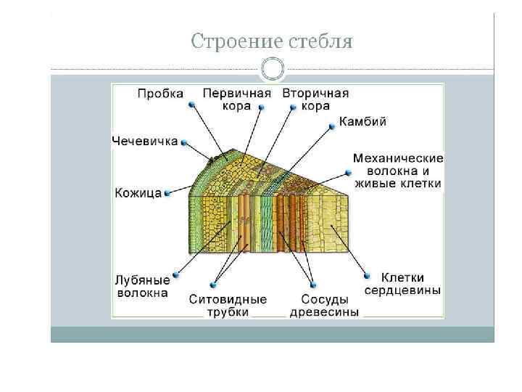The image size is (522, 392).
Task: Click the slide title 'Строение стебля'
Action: point(272,41)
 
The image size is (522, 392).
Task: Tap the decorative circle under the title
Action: point(272,70)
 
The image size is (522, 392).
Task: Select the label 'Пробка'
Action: point(161,94)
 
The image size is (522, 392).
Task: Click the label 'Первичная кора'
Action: point(237,99)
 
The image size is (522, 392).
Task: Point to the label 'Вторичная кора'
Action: point(315,99)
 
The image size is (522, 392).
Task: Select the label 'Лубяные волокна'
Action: point(142,286)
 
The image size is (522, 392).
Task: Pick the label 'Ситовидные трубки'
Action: point(228,306)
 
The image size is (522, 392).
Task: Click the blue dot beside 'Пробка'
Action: point(191,105)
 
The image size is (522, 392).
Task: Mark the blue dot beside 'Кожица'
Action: point(168,193)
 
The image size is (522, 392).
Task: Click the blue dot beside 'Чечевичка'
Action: point(184,142)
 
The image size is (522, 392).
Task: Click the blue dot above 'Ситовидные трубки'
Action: point(212,285)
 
